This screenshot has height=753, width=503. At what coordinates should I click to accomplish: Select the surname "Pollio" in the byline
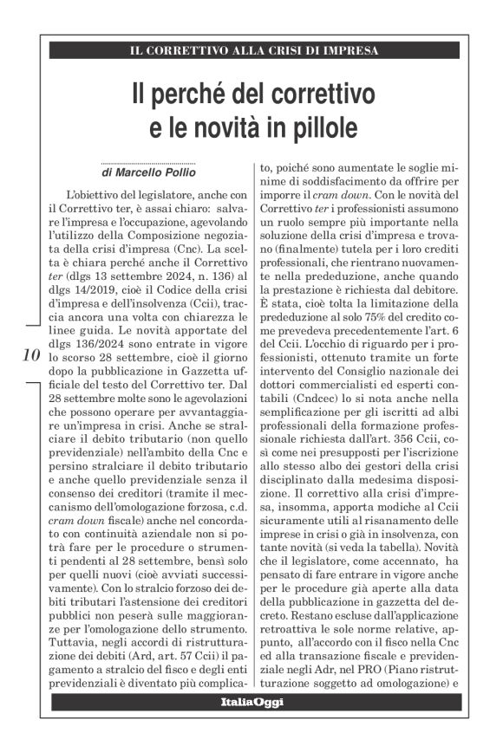[x=177, y=174]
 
